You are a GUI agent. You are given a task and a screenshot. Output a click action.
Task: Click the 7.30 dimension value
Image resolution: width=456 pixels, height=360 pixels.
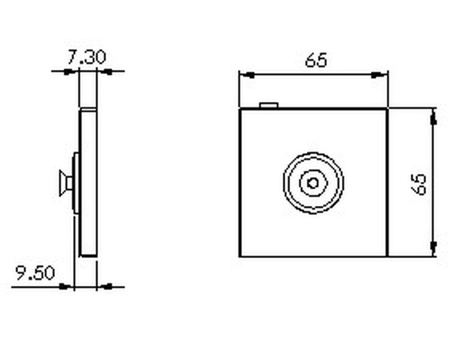click(x=86, y=57)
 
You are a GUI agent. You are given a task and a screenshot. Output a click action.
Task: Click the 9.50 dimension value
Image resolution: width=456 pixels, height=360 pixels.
click(x=35, y=273)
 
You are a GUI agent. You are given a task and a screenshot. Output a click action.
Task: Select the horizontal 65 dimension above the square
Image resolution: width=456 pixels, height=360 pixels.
click(x=316, y=60)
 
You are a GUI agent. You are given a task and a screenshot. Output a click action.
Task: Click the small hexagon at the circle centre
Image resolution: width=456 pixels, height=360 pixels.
click(x=313, y=182)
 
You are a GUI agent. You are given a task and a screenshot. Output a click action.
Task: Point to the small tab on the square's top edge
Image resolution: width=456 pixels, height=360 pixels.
click(x=269, y=105)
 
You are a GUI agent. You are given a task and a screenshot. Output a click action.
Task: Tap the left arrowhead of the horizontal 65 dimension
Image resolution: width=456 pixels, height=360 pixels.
click(x=247, y=75)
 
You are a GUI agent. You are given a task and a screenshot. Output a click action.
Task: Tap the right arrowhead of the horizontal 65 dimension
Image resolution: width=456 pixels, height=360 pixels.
click(x=379, y=75)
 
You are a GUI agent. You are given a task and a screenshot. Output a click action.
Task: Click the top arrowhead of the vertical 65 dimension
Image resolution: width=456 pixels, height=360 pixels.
click(x=433, y=118)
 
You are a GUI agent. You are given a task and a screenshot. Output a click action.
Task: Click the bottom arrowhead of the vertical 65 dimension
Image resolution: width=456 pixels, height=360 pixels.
click(x=433, y=247)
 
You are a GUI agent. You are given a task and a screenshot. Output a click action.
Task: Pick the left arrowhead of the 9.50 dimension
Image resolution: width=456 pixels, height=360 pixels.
click(x=66, y=286)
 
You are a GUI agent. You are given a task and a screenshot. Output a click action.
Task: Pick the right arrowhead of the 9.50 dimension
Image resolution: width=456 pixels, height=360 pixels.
click(x=105, y=286)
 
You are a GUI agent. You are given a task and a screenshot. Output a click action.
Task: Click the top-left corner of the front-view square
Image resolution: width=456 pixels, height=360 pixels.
click(x=240, y=109)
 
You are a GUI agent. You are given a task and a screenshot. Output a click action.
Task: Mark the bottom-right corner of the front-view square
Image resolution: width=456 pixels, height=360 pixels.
click(x=387, y=256)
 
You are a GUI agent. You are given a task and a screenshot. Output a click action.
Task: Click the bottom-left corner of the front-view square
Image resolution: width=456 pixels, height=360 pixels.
click(x=240, y=256)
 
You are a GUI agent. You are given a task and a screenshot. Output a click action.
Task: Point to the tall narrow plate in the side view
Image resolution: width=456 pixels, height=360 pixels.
click(x=88, y=183)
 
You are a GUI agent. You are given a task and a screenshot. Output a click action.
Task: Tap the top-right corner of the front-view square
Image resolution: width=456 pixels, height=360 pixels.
click(x=387, y=109)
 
